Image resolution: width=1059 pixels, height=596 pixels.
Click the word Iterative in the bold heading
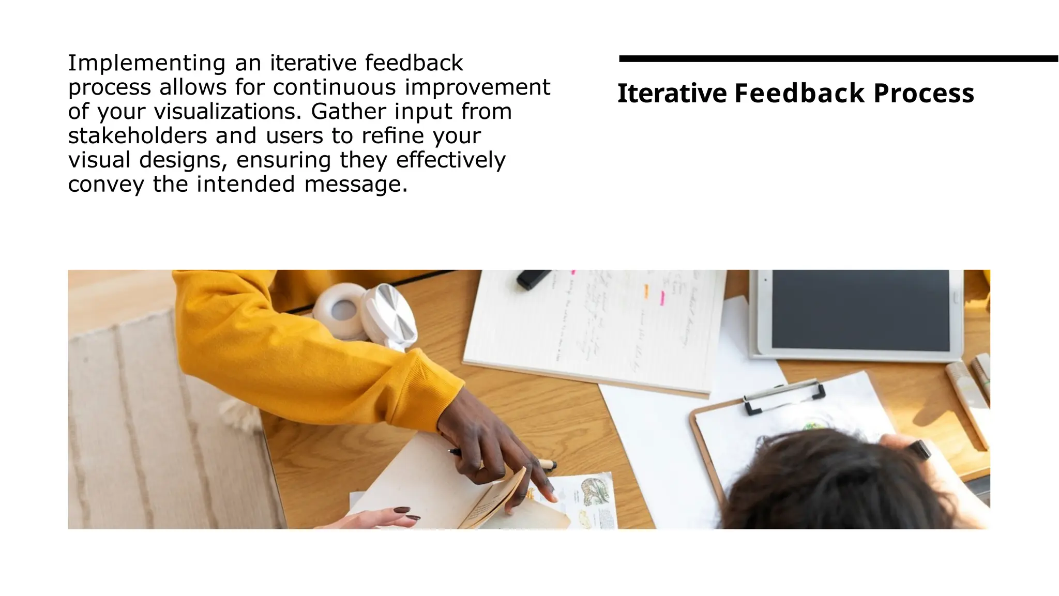pyautogui.click(x=672, y=94)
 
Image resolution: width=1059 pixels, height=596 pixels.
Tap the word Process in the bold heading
pyautogui.click(x=924, y=94)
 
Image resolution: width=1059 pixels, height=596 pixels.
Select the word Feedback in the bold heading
pyautogui.click(x=799, y=94)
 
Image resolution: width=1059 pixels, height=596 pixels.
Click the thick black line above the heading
pyautogui.click(x=838, y=59)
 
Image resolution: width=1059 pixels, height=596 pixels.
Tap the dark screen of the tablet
pyautogui.click(x=860, y=310)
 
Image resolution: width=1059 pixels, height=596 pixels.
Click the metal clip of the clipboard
pyautogui.click(x=783, y=395)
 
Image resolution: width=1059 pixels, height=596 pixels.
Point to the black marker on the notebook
pyautogui.click(x=533, y=278)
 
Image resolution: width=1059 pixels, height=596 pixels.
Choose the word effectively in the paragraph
pyautogui.click(x=450, y=160)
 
